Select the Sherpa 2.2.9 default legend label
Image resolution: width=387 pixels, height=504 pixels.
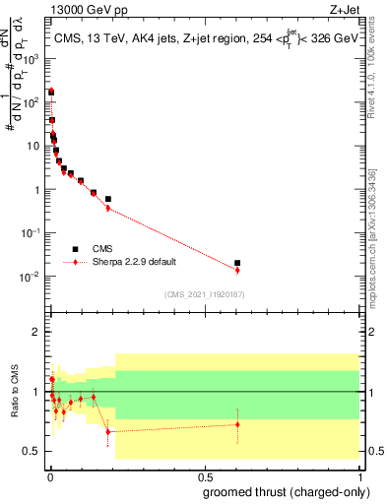(x=134, y=262)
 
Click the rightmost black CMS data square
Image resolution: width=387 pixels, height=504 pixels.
(x=237, y=263)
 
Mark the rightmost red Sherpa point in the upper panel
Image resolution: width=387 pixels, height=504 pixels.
(x=237, y=270)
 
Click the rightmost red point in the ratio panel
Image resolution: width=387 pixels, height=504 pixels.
(x=237, y=424)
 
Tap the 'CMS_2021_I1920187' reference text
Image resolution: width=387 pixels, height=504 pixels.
(x=203, y=294)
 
